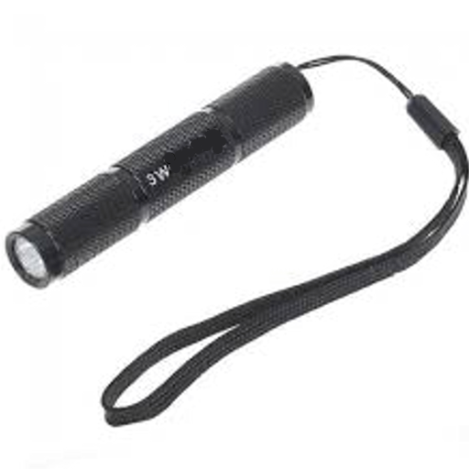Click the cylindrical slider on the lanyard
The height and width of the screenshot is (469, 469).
[432, 115]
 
